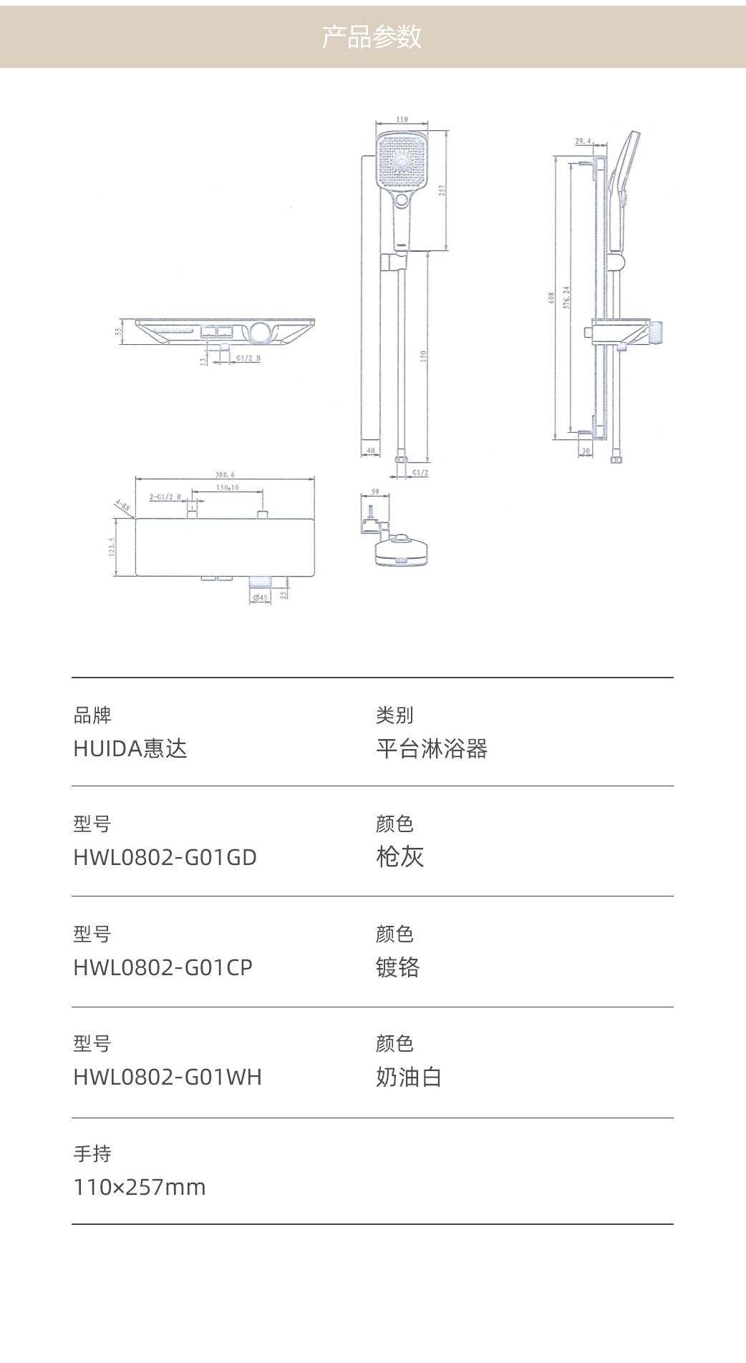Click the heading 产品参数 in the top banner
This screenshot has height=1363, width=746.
coord(372,36)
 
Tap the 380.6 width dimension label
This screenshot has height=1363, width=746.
coord(225,474)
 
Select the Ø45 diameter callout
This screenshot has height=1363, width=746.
coord(260,597)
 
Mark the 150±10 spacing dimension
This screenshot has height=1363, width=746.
coord(228,487)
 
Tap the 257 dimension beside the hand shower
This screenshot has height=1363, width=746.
coord(442,190)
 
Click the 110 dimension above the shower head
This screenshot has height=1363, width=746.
coord(402,119)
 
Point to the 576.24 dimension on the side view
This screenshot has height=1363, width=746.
coord(567,297)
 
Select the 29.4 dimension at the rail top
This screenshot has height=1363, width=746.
coord(583,141)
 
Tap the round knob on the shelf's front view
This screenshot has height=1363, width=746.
coord(261,332)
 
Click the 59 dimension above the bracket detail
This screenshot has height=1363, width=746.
coord(376,492)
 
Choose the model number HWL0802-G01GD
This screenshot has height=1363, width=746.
coord(165,857)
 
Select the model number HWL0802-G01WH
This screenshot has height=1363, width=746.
coord(168,1077)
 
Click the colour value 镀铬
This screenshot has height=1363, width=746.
coord(398,967)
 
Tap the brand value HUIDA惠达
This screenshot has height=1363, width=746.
coord(130,748)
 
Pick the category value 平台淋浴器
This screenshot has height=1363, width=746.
coord(432,748)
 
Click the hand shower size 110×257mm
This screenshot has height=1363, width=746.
coord(140,1187)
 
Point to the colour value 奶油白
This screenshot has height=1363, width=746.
coord(409,1077)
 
